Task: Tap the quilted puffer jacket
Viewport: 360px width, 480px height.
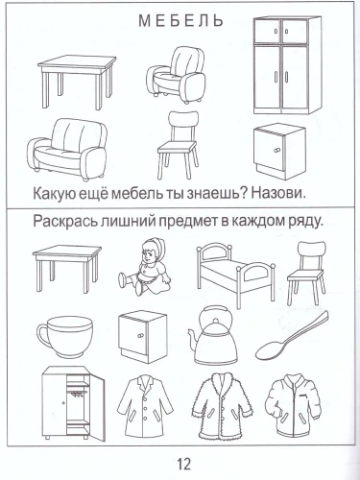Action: [x=299, y=407]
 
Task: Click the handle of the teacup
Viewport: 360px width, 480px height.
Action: [x=43, y=335]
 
